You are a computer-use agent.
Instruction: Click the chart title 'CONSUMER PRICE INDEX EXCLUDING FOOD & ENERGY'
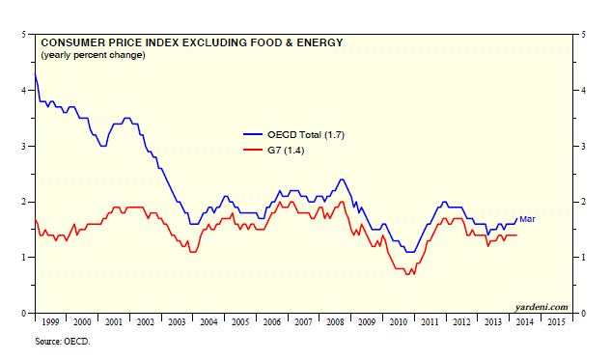(x=192, y=42)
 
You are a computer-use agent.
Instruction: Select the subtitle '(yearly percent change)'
(x=93, y=55)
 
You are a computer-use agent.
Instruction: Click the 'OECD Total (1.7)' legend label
(x=306, y=135)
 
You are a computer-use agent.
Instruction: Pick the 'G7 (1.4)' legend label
(x=286, y=151)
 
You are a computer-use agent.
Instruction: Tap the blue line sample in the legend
(x=253, y=134)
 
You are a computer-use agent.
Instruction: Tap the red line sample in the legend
(x=253, y=150)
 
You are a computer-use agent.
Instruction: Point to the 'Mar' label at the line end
(x=527, y=219)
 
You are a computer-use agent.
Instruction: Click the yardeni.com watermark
(x=542, y=307)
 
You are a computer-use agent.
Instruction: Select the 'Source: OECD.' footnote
(x=63, y=342)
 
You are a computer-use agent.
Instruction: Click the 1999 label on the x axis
(x=50, y=322)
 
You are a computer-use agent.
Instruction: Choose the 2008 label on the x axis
(x=335, y=322)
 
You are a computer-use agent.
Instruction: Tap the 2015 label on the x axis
(x=556, y=322)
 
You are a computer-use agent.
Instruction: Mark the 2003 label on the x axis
(x=177, y=322)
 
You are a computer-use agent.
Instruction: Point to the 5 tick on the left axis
(x=24, y=35)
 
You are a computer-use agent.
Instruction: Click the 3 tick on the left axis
(x=24, y=146)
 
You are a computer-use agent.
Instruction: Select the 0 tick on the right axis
(x=583, y=314)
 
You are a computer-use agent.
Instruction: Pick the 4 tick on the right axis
(x=583, y=91)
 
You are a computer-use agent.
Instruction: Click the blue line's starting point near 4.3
(x=35, y=73)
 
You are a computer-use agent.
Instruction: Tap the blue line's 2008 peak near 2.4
(x=342, y=180)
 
